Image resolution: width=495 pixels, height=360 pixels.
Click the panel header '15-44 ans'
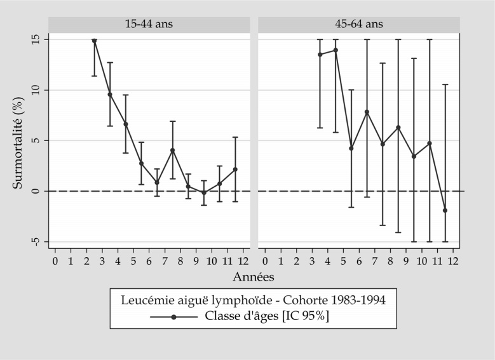click(149, 24)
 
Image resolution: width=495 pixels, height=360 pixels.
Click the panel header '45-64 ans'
click(358, 24)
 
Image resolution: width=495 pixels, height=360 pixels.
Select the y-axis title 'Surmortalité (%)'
click(18, 140)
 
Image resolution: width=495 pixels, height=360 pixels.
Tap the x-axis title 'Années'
click(254, 277)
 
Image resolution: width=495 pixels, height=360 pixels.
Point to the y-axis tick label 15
click(36, 39)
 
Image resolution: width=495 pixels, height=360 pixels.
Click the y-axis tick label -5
click(36, 241)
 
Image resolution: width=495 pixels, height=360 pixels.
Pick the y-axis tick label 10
click(36, 90)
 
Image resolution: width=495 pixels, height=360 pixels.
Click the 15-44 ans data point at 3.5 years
click(110, 95)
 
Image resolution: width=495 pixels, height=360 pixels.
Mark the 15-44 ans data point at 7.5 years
click(173, 150)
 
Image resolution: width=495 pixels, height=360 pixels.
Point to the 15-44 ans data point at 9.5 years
click(204, 192)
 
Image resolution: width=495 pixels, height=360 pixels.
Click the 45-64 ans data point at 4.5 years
click(336, 50)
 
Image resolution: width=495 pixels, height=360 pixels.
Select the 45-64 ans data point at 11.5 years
click(445, 210)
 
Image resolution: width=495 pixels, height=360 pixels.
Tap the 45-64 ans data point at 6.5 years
click(367, 112)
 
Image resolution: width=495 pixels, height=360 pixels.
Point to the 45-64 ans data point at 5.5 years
click(351, 149)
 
